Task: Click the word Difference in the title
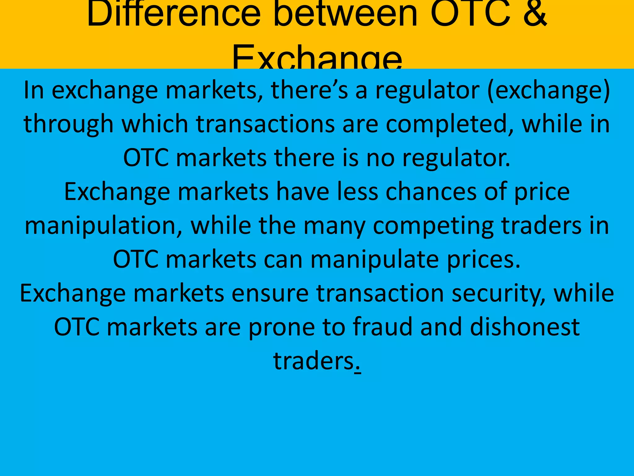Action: (174, 14)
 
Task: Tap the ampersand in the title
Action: (535, 14)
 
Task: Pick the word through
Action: (68, 124)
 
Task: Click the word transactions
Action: (266, 124)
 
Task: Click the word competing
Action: (433, 226)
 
